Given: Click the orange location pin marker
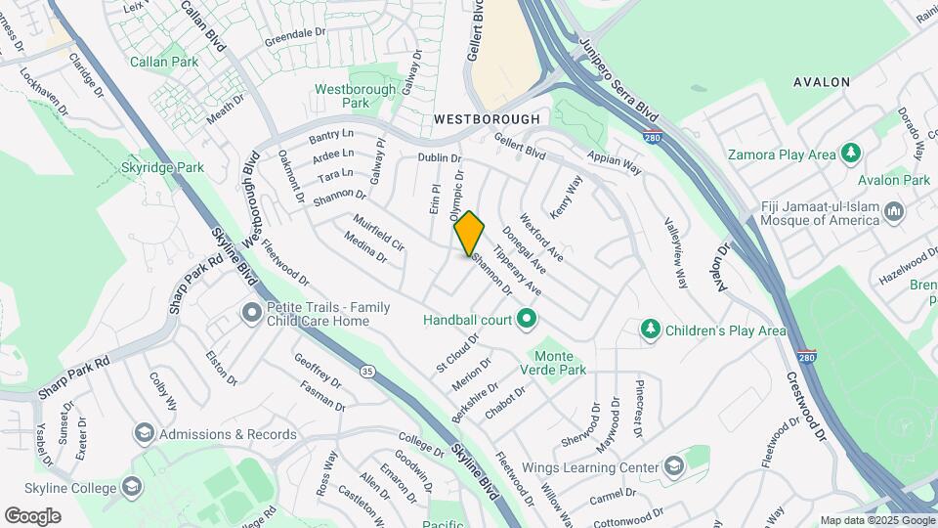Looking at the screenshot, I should pos(469,233).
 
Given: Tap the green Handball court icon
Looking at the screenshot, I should pos(528,319).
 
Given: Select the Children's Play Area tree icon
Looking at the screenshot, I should pos(651,330).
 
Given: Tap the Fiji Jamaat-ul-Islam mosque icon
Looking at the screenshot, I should pos(894,212).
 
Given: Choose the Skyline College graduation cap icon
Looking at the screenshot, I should pos(133,487).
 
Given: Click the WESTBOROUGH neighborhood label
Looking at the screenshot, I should pos(487,118).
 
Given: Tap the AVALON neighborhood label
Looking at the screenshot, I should pos(821,82).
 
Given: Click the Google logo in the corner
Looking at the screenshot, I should pos(32,515).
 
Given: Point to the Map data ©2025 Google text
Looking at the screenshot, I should pos(876,520).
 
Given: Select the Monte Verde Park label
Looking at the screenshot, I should pos(558,363).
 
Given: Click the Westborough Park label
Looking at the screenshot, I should pos(342,95).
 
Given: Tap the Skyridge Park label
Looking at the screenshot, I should pos(163,167).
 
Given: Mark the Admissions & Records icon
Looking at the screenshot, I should pos(145,433).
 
